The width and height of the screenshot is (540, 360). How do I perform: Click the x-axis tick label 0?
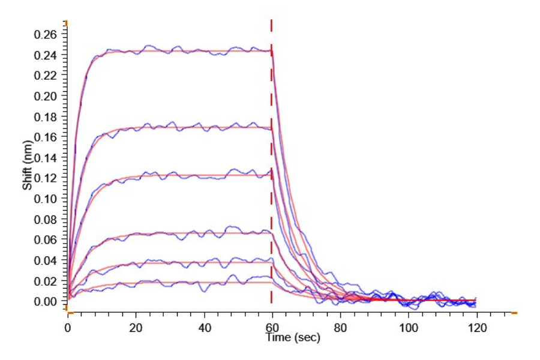coord(68,327)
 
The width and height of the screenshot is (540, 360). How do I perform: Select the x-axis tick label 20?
coord(136,327)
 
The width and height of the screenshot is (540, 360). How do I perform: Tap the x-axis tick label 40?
coord(204,327)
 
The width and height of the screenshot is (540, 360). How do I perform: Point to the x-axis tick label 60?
coord(272,327)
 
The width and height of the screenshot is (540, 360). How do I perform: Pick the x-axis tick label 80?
coord(340,327)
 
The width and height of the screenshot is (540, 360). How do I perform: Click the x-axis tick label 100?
coord(409,327)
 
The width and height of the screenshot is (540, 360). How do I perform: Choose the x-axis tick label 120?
coord(477,327)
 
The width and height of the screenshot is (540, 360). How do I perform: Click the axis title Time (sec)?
coord(293,338)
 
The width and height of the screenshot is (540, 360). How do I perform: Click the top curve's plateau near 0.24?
coord(180,51)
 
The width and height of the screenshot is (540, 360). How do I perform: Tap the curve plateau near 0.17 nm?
coord(180,127)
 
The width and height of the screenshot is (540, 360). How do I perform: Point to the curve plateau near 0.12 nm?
coord(180,175)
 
